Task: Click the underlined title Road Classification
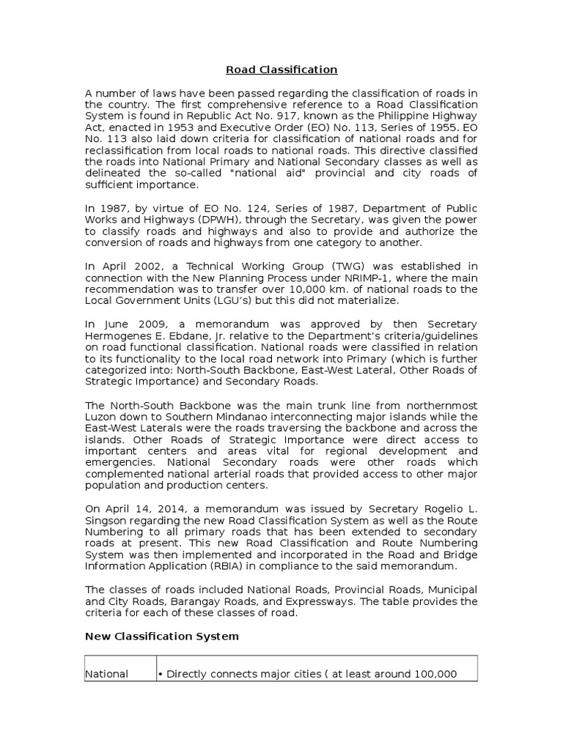coord(281,70)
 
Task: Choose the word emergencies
coord(119,463)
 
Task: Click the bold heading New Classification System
coord(162,636)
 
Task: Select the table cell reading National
coord(107,674)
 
